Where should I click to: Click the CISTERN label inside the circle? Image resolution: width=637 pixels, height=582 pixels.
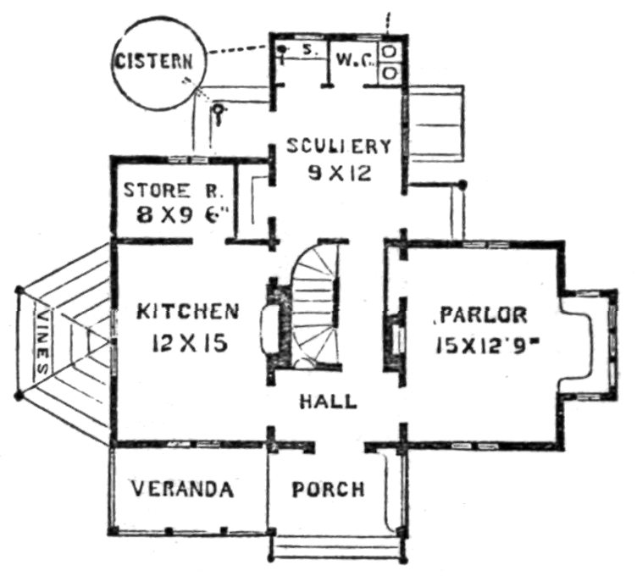(153, 62)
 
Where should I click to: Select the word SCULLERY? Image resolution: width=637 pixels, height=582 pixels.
(339, 147)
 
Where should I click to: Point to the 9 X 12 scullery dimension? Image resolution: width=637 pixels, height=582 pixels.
(340, 174)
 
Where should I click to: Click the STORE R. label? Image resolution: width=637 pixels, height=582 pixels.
(172, 191)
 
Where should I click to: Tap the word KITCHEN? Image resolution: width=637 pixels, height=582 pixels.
(188, 312)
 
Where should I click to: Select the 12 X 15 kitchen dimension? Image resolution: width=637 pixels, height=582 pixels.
(189, 343)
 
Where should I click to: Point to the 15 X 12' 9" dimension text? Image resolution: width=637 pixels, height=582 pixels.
(490, 346)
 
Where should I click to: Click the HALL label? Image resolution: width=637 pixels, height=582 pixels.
(329, 402)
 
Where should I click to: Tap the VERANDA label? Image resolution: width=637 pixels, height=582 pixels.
(183, 489)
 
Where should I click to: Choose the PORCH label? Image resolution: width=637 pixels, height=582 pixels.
(329, 490)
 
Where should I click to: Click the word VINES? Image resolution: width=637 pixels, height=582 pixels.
(43, 342)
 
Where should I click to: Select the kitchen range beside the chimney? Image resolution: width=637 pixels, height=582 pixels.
(269, 330)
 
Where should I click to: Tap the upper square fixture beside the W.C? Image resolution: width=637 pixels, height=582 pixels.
(390, 52)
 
